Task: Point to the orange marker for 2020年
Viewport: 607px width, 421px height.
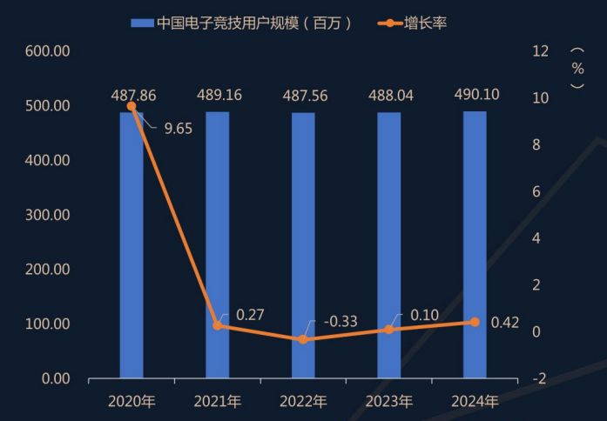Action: click(132, 106)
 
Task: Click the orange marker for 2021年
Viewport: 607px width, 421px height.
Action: click(218, 325)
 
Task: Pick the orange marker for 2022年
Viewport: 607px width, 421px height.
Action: click(303, 339)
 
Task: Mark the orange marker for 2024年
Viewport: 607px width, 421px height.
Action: click(475, 322)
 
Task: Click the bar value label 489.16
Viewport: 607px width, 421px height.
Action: click(218, 96)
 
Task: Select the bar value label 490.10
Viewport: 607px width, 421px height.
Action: click(475, 95)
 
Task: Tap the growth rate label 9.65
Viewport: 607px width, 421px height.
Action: click(178, 129)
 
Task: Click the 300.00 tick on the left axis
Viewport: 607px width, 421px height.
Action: click(50, 215)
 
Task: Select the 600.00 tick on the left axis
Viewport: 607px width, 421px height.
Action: click(50, 51)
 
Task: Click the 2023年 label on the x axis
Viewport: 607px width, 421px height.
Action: click(389, 402)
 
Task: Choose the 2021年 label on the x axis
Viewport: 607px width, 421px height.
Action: click(218, 402)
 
